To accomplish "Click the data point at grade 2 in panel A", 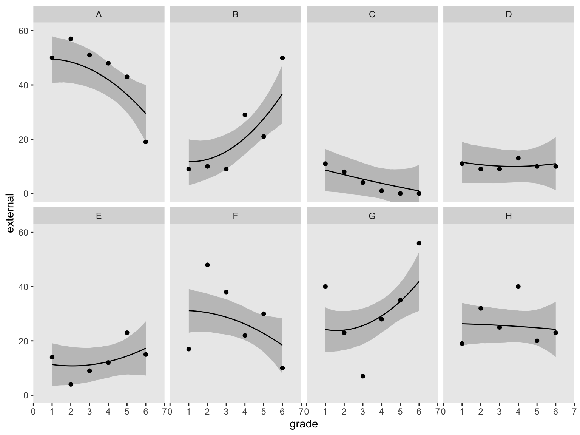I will tap(71, 39).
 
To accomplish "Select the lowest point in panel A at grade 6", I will tap(146, 142).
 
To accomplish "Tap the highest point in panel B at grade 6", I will tap(282, 58).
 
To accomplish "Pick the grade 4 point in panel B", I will tap(245, 115).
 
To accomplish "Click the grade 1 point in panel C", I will tap(325, 164).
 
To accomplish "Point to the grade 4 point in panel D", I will tap(518, 158).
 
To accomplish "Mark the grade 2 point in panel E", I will tap(71, 384).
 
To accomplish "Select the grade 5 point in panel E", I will tap(127, 333).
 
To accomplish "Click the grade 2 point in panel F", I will tap(207, 265).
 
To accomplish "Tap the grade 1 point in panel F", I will tap(189, 349).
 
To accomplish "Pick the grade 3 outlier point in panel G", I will tap(363, 376).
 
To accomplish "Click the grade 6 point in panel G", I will tap(419, 243).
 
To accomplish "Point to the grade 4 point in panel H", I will tap(518, 287).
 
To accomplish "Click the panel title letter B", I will tap(236, 15).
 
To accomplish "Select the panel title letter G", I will tap(372, 216).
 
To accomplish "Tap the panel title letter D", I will tap(509, 15).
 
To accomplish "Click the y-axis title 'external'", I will tap(10, 213).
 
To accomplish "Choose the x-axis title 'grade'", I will tap(304, 424).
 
